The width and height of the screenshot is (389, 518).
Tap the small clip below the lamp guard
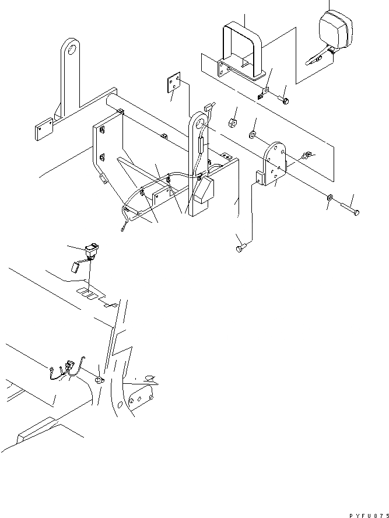tap(262, 93)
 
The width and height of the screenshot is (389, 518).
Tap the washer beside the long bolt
tap(330, 199)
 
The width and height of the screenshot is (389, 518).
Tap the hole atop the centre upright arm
tap(199, 124)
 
